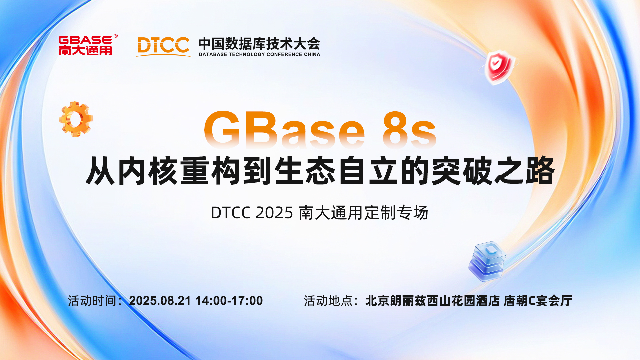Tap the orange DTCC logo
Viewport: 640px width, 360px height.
click(x=163, y=46)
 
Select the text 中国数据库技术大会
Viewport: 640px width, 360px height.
click(x=259, y=44)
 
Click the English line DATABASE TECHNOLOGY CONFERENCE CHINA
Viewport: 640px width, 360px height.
click(x=259, y=54)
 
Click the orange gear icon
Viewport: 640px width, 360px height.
click(x=76, y=119)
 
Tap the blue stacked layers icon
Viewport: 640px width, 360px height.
click(x=487, y=262)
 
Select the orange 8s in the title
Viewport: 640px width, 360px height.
click(x=410, y=130)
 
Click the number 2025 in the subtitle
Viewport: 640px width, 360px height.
click(x=274, y=213)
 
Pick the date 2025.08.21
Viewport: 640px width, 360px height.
click(x=160, y=301)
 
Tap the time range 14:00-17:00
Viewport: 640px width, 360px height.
click(x=229, y=301)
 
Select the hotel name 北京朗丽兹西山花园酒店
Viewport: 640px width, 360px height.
click(x=432, y=301)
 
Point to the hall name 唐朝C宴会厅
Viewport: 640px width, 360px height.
click(x=538, y=301)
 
